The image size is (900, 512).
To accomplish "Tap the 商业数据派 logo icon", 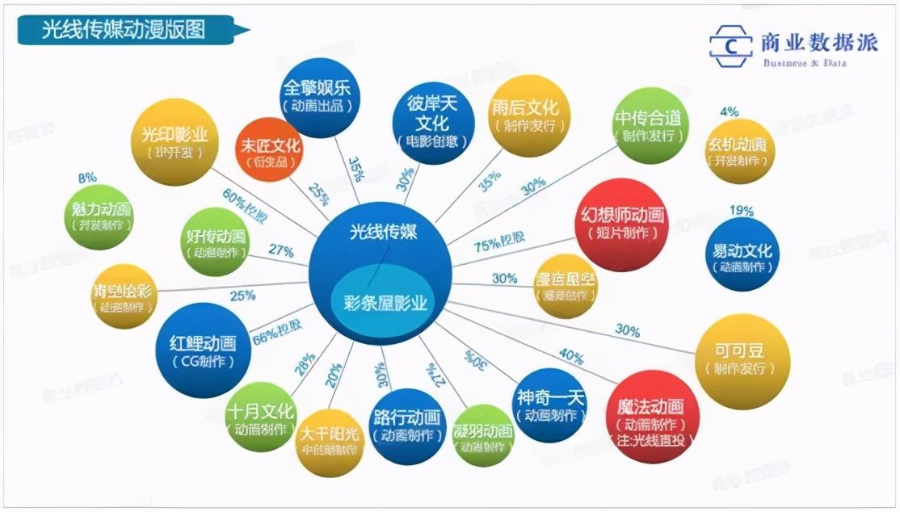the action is [x=730, y=46].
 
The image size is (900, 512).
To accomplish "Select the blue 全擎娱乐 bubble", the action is [x=321, y=97].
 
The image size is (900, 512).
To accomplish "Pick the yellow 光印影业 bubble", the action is [x=175, y=141].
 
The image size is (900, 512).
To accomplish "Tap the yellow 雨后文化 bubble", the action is [x=529, y=115].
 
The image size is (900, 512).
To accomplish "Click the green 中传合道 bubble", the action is [x=647, y=126].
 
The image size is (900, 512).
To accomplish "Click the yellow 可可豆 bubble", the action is [x=741, y=361].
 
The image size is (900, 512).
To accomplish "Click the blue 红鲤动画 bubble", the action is [x=203, y=350].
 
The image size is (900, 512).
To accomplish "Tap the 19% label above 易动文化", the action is [x=741, y=212].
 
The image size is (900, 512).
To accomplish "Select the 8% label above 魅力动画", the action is [x=87, y=177].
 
